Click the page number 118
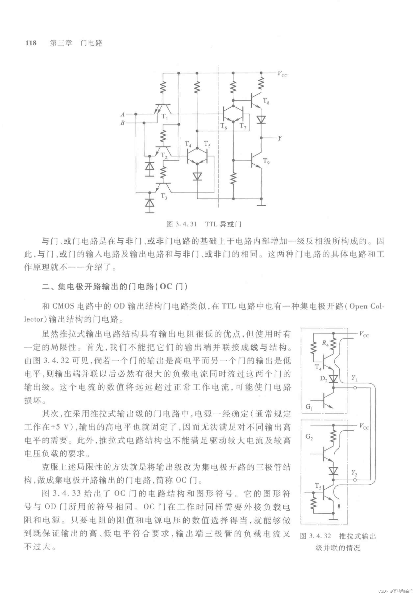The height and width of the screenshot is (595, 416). point(31,43)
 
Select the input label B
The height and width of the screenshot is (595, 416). point(122,123)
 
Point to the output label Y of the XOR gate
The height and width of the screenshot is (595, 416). point(280,138)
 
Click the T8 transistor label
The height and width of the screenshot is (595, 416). point(266,101)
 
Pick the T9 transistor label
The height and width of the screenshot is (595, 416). point(266,161)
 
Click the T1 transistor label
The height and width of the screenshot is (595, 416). point(165,117)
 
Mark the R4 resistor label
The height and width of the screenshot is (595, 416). point(325,344)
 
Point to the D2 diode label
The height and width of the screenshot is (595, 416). point(324,379)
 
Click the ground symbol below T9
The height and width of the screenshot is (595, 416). point(261,205)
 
